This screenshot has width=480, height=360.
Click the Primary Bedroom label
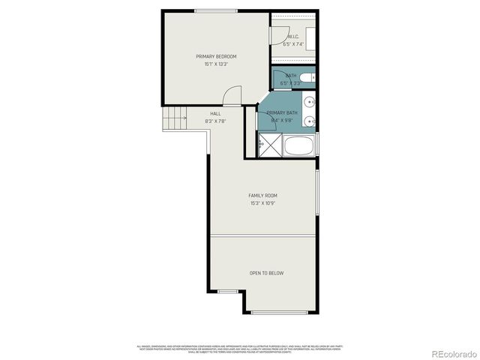coord(216,57)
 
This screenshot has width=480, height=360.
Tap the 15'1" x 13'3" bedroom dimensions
coord(216,64)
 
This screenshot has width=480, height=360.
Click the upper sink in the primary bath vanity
coord(310,100)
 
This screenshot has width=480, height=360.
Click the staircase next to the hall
coord(175,118)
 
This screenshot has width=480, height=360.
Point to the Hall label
coord(215,113)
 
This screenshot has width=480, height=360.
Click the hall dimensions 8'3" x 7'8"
coord(215,121)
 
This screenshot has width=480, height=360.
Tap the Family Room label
coord(262,195)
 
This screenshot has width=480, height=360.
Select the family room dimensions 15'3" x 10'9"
coord(262,202)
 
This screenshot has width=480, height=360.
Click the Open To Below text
coord(266,273)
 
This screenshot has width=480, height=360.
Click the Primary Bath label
coord(282,112)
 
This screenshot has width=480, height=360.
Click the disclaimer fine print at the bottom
coord(240,349)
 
